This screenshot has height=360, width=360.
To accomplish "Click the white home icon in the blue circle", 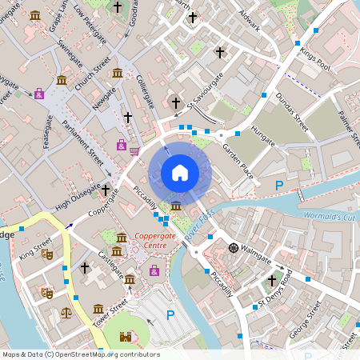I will tap(180, 172).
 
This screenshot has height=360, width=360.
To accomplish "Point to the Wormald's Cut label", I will tap(330, 216).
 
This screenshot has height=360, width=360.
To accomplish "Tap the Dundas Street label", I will tap(292, 113).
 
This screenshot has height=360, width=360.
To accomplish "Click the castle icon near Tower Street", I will tap(126, 338).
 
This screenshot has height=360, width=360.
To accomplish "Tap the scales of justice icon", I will tap(66, 312).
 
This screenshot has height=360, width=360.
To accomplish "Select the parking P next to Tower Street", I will tap(170, 315).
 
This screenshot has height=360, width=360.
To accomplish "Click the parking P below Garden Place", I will tap(279, 186).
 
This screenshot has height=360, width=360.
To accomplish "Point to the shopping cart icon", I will tap(134, 150).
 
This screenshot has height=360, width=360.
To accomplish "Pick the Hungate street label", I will tap(262, 133).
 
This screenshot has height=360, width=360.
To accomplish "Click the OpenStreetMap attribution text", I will tap(81, 354).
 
